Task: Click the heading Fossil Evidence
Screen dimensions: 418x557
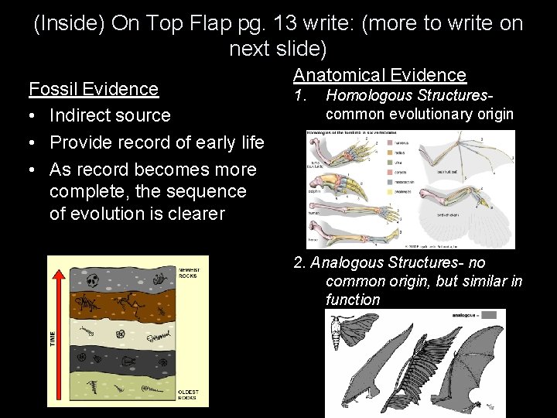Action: tap(94, 88)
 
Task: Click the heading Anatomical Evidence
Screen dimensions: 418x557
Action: tap(379, 74)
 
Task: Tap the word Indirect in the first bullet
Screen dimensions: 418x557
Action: tap(80, 115)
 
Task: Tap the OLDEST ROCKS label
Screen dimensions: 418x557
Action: tap(188, 395)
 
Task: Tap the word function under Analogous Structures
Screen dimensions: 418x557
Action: tap(353, 300)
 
